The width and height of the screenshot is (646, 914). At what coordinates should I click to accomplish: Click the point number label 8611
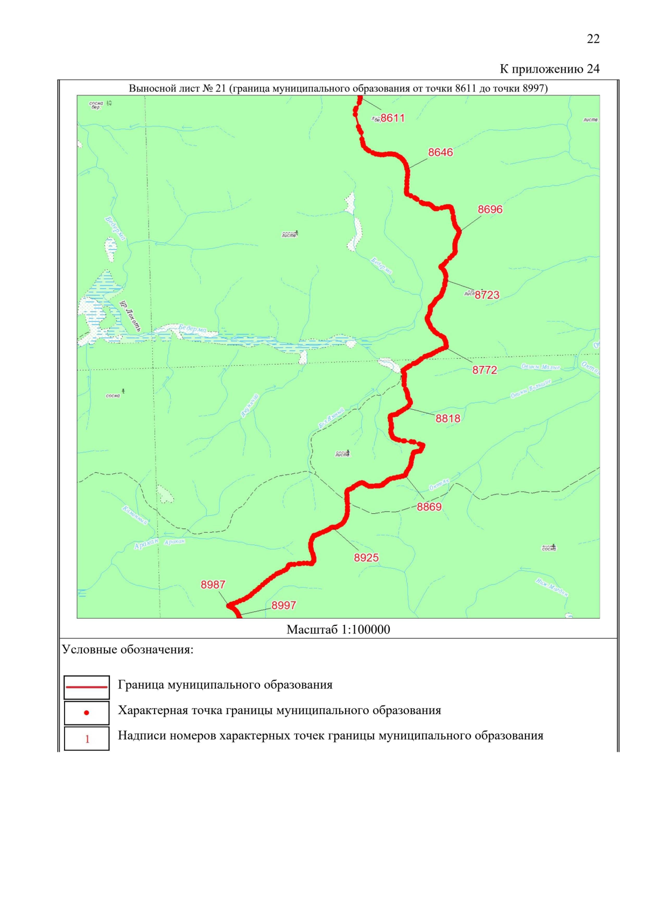(x=392, y=118)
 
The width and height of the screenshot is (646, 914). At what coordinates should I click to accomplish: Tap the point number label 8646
(x=440, y=152)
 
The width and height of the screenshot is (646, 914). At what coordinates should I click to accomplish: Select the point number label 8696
(x=490, y=210)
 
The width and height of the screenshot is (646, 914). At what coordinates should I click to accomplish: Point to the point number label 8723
(x=487, y=295)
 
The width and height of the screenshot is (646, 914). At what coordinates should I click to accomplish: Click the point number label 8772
(x=484, y=370)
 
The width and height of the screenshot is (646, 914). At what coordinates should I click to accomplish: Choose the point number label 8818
(x=448, y=418)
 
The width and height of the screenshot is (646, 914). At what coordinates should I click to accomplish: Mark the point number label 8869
(x=429, y=507)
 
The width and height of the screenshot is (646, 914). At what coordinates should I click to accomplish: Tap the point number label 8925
(x=366, y=558)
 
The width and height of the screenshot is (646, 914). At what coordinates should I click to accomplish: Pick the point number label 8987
(x=213, y=585)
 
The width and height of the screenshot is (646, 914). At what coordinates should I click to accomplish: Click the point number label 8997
(x=284, y=605)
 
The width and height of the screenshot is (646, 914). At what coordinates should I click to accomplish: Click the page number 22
(x=593, y=39)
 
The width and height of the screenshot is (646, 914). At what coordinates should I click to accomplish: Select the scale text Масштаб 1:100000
(x=338, y=630)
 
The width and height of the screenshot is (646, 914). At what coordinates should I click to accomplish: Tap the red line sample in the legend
(x=87, y=687)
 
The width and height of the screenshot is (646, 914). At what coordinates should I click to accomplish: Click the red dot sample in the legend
(x=87, y=713)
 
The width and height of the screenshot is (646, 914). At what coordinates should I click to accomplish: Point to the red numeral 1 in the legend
(x=87, y=739)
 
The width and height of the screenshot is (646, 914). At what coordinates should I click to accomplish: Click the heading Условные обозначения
(x=128, y=650)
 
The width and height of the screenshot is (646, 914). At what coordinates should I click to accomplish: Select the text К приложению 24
(x=549, y=69)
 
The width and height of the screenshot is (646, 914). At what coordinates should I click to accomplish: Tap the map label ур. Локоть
(x=130, y=316)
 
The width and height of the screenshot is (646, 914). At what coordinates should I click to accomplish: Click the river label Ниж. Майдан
(x=552, y=587)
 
